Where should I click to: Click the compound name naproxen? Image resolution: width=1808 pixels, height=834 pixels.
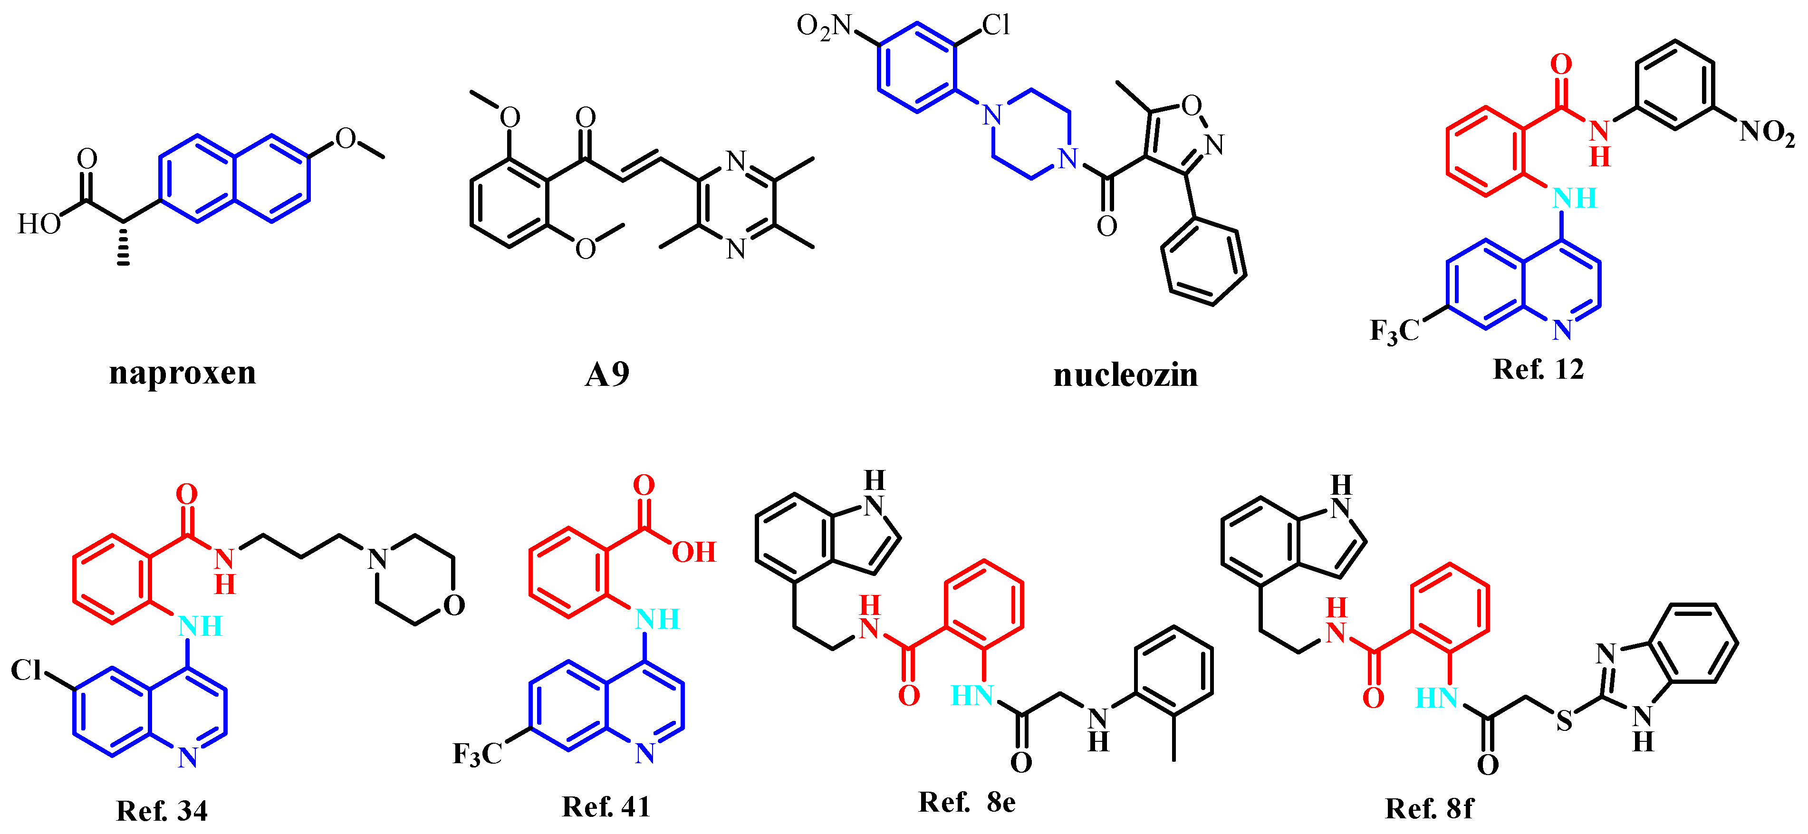(183, 373)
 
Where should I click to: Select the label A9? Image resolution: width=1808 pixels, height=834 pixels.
(607, 374)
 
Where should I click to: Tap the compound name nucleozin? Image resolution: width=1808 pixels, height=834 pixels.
(1126, 375)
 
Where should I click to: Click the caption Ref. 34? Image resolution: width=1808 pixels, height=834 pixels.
(162, 811)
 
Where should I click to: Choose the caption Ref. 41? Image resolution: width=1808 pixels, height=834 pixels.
(606, 807)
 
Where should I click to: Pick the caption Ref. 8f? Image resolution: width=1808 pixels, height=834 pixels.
(1429, 809)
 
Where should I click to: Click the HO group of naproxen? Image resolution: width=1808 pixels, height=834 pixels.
(38, 225)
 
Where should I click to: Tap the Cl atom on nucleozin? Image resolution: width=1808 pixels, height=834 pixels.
(995, 26)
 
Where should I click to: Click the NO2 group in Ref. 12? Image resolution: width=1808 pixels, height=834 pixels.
(1767, 132)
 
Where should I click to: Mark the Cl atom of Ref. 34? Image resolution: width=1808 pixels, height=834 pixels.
(27, 671)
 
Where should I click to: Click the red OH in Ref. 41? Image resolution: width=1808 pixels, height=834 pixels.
(693, 553)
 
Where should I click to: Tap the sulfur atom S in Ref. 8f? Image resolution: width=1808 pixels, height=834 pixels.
(1564, 721)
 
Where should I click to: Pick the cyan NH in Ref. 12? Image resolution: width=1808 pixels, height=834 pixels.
(1574, 199)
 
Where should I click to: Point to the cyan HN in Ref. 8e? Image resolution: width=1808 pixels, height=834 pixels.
(971, 696)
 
